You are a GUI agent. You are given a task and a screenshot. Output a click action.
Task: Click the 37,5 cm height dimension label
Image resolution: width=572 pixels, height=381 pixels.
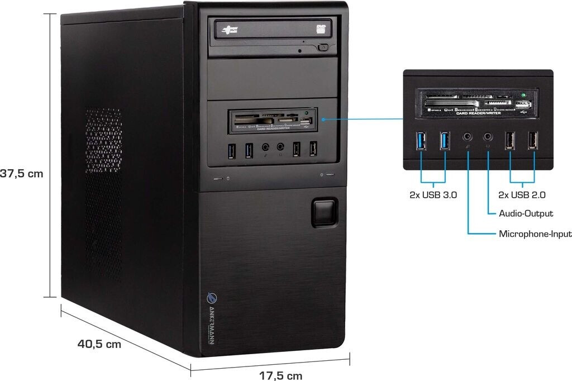(x=21, y=174)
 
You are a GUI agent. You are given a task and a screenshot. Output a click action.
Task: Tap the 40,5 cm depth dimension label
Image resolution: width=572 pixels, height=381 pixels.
(x=99, y=344)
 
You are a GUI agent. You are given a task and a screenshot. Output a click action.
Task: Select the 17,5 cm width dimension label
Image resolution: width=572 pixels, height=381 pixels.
(x=280, y=375)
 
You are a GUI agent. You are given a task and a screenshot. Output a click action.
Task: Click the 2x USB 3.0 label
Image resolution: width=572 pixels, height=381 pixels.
(x=433, y=195)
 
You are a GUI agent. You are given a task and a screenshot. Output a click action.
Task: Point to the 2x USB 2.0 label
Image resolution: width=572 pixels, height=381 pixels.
(x=522, y=195)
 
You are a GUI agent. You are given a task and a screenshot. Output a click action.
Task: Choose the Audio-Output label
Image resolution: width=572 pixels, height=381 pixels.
(x=526, y=213)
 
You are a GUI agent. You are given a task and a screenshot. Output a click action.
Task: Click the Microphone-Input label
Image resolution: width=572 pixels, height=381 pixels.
(x=535, y=234)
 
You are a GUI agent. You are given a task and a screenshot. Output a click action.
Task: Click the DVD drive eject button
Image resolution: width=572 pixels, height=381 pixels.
(x=323, y=48)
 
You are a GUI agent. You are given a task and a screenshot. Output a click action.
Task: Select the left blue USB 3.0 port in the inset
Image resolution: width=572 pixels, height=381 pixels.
(x=421, y=141)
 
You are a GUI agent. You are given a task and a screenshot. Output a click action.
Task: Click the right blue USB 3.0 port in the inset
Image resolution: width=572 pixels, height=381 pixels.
(x=445, y=141)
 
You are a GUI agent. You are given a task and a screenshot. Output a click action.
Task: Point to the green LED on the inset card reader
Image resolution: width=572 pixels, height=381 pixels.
(x=522, y=96)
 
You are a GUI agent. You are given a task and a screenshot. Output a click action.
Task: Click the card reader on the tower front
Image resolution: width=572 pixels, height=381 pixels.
(x=272, y=120)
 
